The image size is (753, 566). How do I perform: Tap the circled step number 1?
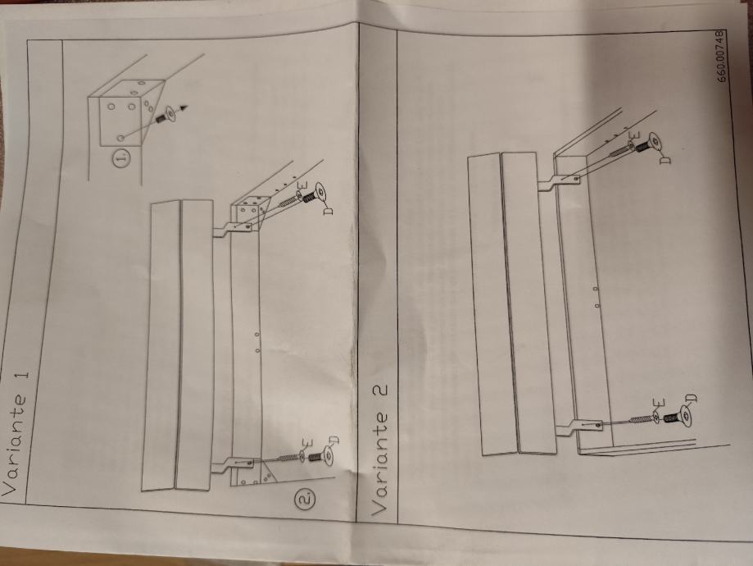[x=122, y=158]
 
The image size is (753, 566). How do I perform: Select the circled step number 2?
[x=306, y=498]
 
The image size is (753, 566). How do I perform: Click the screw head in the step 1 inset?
[x=170, y=114]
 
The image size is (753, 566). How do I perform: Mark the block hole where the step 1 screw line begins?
[x=121, y=138]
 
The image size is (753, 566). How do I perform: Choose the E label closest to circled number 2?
[x=308, y=442]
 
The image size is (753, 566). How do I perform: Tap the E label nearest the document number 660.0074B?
[x=634, y=135]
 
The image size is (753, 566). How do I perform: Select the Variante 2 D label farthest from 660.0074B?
[x=692, y=398]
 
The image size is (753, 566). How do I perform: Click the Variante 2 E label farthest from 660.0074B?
[x=660, y=404]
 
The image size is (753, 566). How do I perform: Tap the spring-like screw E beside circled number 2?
[x=290, y=457]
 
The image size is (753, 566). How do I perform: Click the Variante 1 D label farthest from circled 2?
[x=328, y=210]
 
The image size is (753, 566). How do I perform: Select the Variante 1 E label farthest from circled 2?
[x=302, y=186]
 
